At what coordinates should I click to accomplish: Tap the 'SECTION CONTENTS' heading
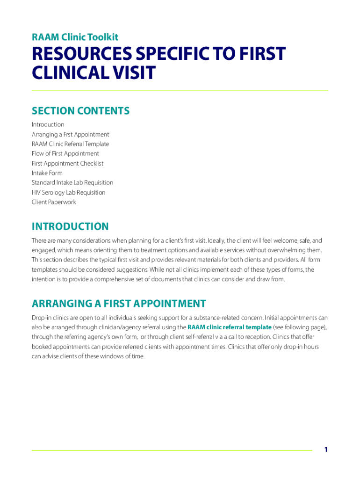click(80, 111)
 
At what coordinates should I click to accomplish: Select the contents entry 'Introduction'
click(48, 124)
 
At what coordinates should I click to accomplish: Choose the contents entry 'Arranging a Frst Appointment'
click(71, 134)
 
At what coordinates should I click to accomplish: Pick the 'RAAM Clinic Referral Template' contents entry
click(70, 144)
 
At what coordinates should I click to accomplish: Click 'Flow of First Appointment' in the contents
click(65, 153)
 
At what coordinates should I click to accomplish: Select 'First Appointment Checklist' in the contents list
click(68, 163)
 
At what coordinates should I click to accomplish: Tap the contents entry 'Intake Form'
click(47, 173)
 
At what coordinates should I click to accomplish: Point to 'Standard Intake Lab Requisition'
click(72, 182)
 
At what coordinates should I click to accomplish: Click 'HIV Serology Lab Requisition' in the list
click(69, 192)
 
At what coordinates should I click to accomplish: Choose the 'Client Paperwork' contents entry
click(54, 202)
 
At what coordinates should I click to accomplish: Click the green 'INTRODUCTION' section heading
click(70, 227)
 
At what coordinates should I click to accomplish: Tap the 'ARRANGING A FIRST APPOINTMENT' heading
click(119, 304)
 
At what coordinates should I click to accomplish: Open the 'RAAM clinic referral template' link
click(229, 327)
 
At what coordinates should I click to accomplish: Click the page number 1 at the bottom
click(326, 450)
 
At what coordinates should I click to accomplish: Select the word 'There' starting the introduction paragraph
click(39, 241)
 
